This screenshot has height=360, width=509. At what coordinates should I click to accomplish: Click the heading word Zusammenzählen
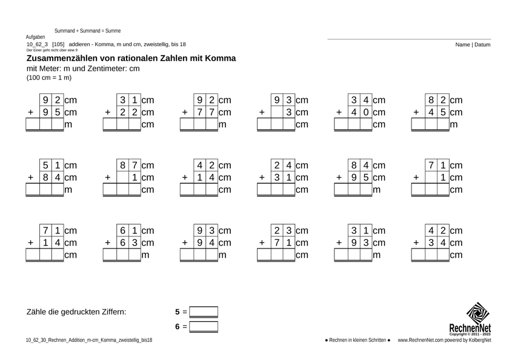point(64,59)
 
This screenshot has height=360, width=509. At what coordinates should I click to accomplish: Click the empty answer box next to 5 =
point(204,312)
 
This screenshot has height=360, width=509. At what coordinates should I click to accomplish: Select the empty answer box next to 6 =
point(204,327)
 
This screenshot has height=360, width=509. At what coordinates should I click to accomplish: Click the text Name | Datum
point(474,45)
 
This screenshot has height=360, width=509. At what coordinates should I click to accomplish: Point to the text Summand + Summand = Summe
point(87,30)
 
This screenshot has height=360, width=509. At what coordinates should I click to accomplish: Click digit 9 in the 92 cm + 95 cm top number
point(45,99)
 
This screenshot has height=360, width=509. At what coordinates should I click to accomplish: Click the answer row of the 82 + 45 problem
point(430,125)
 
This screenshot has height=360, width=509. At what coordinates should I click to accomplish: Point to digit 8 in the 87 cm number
point(122,164)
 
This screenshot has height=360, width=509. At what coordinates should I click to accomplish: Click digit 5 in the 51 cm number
point(45,164)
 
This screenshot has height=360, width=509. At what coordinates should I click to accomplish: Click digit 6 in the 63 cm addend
point(122,242)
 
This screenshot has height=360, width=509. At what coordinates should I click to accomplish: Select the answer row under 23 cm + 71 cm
point(276,255)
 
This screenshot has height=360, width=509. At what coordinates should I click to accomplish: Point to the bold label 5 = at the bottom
point(180,312)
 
